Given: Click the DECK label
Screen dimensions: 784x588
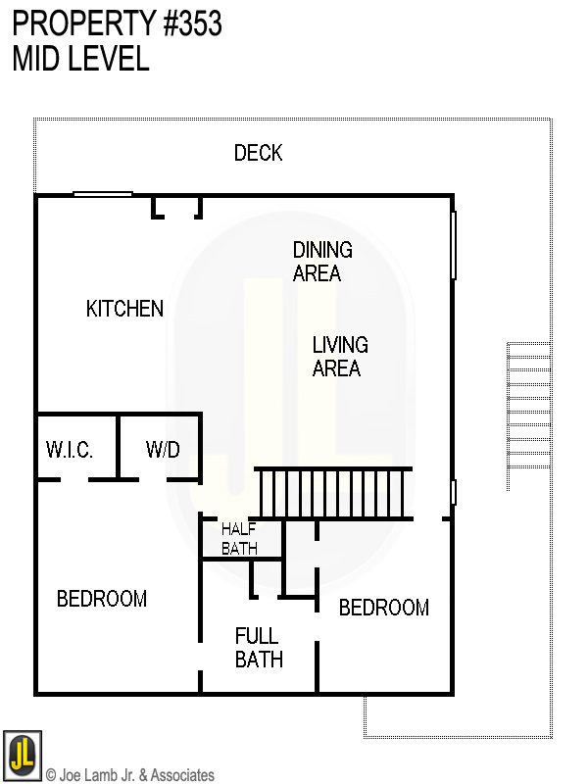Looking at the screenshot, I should (258, 153).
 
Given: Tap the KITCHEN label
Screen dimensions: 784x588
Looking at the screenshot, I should (124, 309).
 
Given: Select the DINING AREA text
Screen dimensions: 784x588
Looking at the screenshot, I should (321, 262).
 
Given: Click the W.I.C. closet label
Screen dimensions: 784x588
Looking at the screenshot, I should (69, 450).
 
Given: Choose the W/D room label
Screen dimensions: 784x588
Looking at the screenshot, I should (163, 450).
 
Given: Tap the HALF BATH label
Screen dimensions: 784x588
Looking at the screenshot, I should (239, 538).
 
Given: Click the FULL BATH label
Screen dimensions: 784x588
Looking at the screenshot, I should (259, 648).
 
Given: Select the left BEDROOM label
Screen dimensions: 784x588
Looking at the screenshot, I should (102, 599).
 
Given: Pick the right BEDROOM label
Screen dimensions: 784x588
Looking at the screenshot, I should (383, 608).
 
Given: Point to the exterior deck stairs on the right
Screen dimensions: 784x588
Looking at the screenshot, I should (528, 416).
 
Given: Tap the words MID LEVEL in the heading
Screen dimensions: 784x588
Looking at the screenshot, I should (80, 59).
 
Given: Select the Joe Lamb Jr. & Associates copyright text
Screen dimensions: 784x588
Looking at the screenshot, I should (130, 775).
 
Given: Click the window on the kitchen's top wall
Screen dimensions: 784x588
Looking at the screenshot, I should (103, 194).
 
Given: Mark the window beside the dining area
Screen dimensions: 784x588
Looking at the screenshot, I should (454, 244).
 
